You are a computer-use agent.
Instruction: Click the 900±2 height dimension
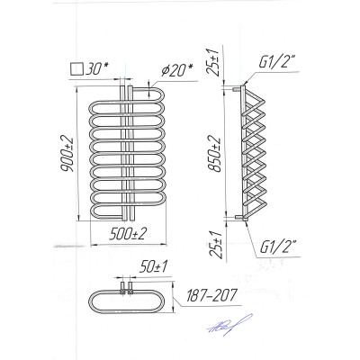[x=67, y=154]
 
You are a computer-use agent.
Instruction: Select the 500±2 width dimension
[x=128, y=233]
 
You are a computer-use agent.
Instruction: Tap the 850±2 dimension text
[x=215, y=154]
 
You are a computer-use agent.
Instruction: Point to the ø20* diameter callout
[x=176, y=71]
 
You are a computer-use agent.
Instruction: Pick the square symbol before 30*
[x=76, y=68]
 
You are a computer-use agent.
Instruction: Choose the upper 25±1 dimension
[x=215, y=62]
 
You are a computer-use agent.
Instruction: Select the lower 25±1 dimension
[x=216, y=246]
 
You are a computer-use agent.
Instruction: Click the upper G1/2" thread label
[x=276, y=64]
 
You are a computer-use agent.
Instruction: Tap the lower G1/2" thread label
[x=277, y=247]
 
